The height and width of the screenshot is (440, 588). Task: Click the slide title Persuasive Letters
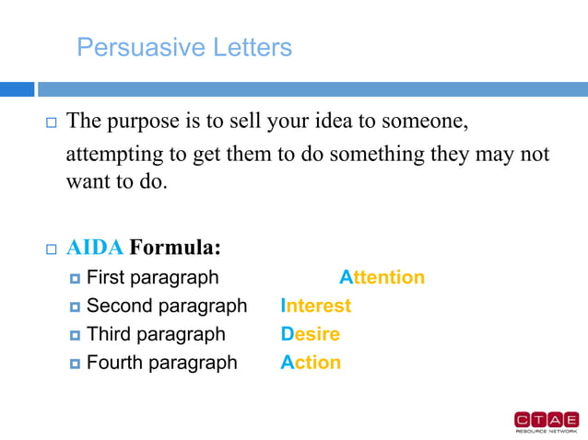pyautogui.click(x=184, y=47)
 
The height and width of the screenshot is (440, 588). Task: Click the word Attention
pyautogui.click(x=382, y=277)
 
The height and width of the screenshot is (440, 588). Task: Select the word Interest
pyautogui.click(x=316, y=306)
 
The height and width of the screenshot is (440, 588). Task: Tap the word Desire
pyautogui.click(x=310, y=334)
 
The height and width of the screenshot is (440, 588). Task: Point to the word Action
pyautogui.click(x=311, y=363)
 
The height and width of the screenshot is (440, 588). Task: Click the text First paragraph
pyautogui.click(x=152, y=277)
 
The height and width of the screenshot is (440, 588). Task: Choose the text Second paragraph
pyautogui.click(x=167, y=306)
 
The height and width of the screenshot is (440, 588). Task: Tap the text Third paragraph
pyautogui.click(x=155, y=334)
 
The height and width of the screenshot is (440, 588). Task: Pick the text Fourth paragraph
pyautogui.click(x=161, y=363)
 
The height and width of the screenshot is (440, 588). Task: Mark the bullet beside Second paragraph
pyautogui.click(x=76, y=307)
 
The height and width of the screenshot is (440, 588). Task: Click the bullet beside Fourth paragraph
pyautogui.click(x=76, y=364)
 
